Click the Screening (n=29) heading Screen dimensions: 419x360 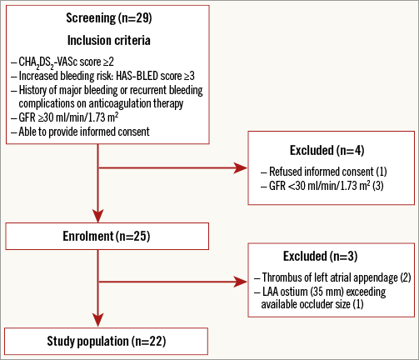pyautogui.click(x=109, y=18)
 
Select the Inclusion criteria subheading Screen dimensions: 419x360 pyautogui.click(x=109, y=40)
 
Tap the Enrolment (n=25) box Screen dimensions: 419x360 pyautogui.click(x=107, y=236)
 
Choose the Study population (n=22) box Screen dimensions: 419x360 pyautogui.click(x=106, y=342)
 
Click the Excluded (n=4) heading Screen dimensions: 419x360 pyautogui.click(x=327, y=151)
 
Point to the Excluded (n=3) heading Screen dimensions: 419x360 pyautogui.click(x=320, y=256)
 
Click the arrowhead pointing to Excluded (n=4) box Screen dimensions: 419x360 pyautogui.click(x=241, y=167)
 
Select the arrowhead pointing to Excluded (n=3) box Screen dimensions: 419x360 pyautogui.click(x=241, y=282)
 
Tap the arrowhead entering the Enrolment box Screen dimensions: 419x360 pyautogui.click(x=98, y=216)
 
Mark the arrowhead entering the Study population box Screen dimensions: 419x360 pyautogui.click(x=98, y=321)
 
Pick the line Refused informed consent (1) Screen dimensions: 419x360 pyautogui.click(x=324, y=172)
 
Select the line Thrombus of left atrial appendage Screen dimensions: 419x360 pyautogui.click(x=332, y=277)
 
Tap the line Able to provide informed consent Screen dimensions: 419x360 pyautogui.click(x=81, y=132)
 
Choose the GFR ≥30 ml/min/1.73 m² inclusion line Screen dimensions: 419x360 pyautogui.click(x=65, y=117)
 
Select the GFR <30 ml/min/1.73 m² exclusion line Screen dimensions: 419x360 pyautogui.click(x=322, y=186)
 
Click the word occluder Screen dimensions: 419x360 pyautogui.click(x=306, y=304)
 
